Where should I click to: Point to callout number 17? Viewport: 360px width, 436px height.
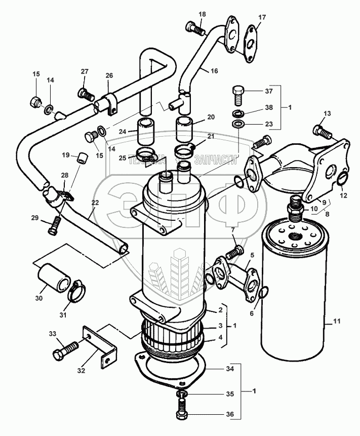point(261,18)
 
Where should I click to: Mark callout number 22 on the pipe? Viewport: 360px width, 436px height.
point(95,202)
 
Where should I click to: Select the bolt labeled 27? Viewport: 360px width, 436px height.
point(86,94)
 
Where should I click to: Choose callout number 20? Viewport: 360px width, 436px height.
point(211,117)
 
